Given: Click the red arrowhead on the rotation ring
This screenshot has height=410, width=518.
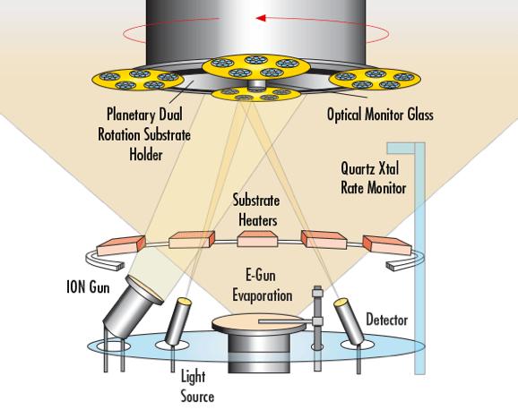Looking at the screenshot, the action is click(261, 18).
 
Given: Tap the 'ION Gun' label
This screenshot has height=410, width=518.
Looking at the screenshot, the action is click(88, 286).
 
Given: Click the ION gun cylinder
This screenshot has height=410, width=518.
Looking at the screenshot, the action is click(132, 307).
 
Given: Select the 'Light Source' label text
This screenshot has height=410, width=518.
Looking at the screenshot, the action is click(197, 386).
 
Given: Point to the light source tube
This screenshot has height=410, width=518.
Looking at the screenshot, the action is click(177, 320).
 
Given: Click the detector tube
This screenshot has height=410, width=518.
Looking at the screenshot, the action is click(349, 321).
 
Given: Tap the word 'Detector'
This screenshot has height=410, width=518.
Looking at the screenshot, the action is click(387, 320).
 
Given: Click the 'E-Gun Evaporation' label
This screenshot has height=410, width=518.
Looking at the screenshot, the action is click(263, 286).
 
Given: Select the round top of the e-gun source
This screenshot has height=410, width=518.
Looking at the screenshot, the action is click(259, 322).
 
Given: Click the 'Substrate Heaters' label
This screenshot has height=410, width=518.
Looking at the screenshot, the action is click(256, 210).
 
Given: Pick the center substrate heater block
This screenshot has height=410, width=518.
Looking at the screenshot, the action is click(257, 239).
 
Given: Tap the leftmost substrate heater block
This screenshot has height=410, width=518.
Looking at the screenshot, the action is click(121, 245).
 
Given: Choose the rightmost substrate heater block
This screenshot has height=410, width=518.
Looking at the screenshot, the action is click(387, 245).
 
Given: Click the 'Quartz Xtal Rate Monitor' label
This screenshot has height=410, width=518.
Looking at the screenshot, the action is click(374, 178).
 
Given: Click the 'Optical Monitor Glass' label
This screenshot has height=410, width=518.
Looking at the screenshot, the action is click(380, 115).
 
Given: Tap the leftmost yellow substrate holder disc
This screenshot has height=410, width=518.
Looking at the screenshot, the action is click(138, 80).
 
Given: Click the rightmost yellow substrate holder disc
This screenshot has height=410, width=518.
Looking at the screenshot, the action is click(375, 80).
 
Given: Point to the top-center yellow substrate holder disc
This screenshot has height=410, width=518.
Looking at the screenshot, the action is click(256, 66).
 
